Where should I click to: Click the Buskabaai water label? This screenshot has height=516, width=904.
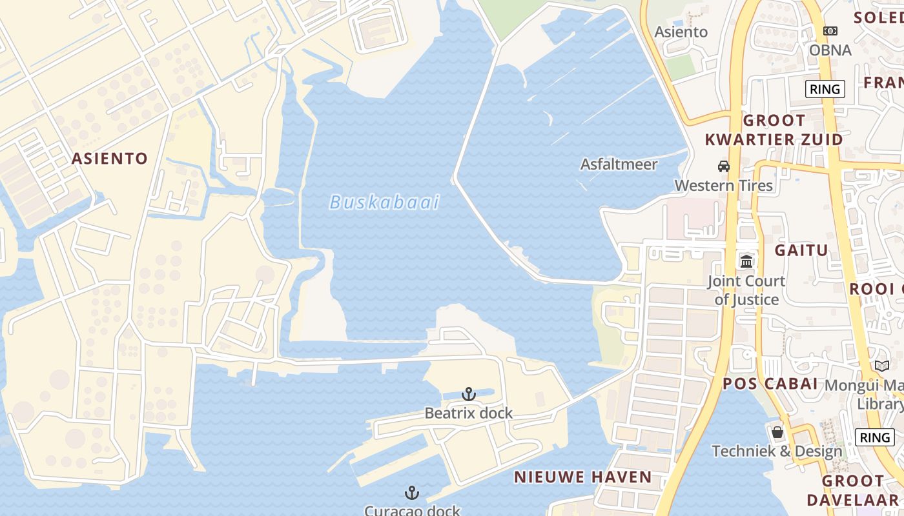click(384, 203)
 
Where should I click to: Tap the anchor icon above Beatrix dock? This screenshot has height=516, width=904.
click(469, 393)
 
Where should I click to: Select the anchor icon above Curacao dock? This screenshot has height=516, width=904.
click(412, 493)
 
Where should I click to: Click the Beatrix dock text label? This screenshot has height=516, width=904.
click(468, 413)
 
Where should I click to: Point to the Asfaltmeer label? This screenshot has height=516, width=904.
click(619, 164)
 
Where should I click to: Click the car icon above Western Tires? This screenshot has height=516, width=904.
click(724, 166)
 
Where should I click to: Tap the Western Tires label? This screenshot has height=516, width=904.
click(723, 186)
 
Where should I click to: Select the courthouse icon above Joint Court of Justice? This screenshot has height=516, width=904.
click(746, 261)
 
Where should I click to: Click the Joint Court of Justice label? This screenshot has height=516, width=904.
click(746, 290)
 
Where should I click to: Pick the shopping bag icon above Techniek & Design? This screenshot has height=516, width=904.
click(777, 432)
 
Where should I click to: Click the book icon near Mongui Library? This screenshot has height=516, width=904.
click(882, 366)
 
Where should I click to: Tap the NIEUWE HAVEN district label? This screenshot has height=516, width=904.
click(582, 477)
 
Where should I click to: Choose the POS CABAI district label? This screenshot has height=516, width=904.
click(770, 384)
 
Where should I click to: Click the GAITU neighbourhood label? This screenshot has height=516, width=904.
click(801, 250)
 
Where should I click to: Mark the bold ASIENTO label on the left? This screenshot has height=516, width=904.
click(110, 159)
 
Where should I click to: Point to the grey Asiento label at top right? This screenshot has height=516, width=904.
click(681, 32)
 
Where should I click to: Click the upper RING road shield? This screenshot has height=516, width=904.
click(825, 89)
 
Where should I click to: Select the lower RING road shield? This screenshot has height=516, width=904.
click(874, 437)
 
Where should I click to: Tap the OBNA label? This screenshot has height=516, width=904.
click(830, 50)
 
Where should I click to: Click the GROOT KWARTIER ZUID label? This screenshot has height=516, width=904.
click(774, 130)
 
